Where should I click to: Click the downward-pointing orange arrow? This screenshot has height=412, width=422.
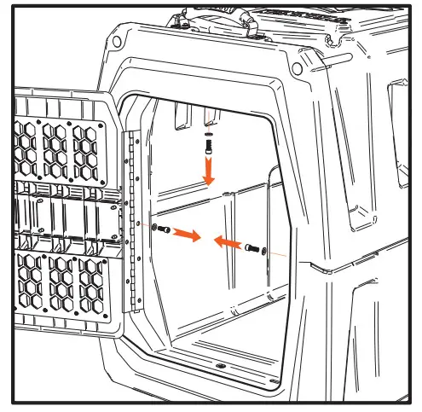[208, 173]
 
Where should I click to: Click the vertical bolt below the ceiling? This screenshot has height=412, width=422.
[207, 146]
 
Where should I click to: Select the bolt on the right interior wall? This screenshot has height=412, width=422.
[251, 248]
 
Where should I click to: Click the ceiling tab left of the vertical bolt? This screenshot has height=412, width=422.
[181, 118]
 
